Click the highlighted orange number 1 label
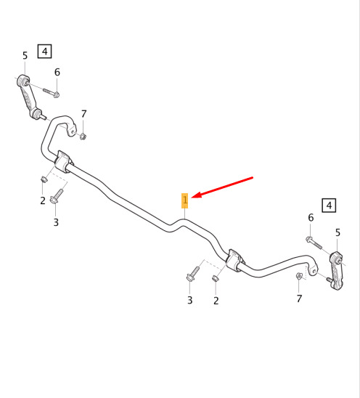[x=184, y=200]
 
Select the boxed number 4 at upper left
[x=45, y=52]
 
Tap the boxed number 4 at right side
[x=329, y=205]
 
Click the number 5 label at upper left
[x=25, y=56]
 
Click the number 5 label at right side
[x=337, y=232]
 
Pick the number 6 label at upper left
[x=57, y=73]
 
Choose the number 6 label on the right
[x=311, y=218]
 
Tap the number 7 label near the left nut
[x=83, y=114]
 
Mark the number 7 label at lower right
[x=299, y=298]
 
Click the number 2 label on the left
[x=43, y=200]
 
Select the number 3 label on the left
[x=56, y=222]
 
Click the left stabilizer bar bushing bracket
[x=63, y=161]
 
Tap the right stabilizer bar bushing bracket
[x=234, y=261]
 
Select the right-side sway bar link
[x=336, y=270]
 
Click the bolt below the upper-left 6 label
[x=52, y=93]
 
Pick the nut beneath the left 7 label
[x=83, y=137]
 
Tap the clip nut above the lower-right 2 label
[x=215, y=278]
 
